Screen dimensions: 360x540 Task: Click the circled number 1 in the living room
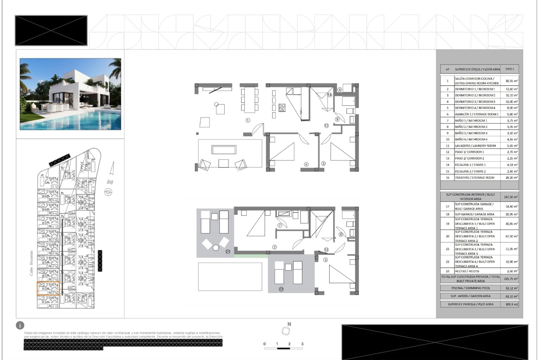[x=248, y=120]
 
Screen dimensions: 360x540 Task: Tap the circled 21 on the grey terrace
[x=228, y=252]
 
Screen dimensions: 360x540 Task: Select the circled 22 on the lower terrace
[x=281, y=289]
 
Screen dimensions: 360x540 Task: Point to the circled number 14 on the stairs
[x=330, y=95]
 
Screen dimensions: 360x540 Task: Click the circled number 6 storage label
[x=339, y=89]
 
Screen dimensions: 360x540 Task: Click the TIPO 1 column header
[x=509, y=69]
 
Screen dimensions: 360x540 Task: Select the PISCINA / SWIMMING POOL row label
[x=470, y=288]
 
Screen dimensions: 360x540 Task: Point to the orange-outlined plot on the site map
[x=48, y=288]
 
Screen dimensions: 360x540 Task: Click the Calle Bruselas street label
[x=31, y=263]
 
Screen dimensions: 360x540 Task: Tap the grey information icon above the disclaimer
[x=20, y=325]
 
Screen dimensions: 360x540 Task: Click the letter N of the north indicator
[x=289, y=324]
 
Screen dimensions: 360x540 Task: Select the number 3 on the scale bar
[x=302, y=344]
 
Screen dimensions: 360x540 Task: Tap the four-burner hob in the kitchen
[x=282, y=107]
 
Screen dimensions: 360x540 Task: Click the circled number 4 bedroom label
[x=306, y=164]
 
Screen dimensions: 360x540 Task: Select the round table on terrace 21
[x=216, y=248]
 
